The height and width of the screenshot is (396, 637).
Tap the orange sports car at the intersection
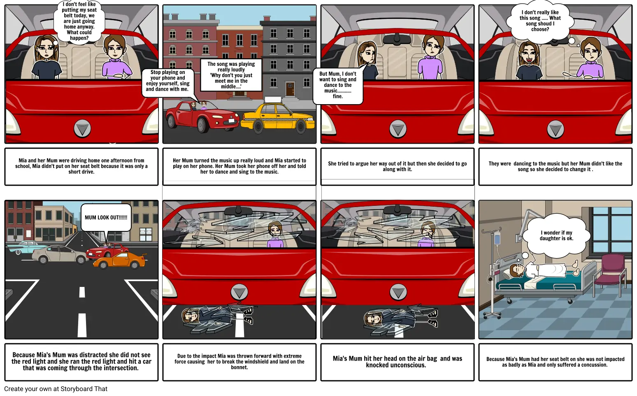(119, 260)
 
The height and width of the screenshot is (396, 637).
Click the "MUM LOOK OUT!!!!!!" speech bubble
(106, 218)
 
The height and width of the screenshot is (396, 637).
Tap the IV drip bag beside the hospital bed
(497, 238)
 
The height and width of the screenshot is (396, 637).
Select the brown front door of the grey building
(290, 89)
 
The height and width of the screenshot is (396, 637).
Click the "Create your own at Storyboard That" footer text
(56, 389)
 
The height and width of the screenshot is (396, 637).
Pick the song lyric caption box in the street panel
(231, 75)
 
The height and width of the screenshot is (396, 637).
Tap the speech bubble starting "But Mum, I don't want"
(338, 85)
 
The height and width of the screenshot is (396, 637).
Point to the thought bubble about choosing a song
(540, 21)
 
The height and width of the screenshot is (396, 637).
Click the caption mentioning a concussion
(555, 362)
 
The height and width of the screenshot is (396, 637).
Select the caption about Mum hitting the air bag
(397, 362)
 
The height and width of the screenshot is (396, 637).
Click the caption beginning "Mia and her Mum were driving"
(81, 166)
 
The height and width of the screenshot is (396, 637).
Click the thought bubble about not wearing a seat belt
(79, 21)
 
